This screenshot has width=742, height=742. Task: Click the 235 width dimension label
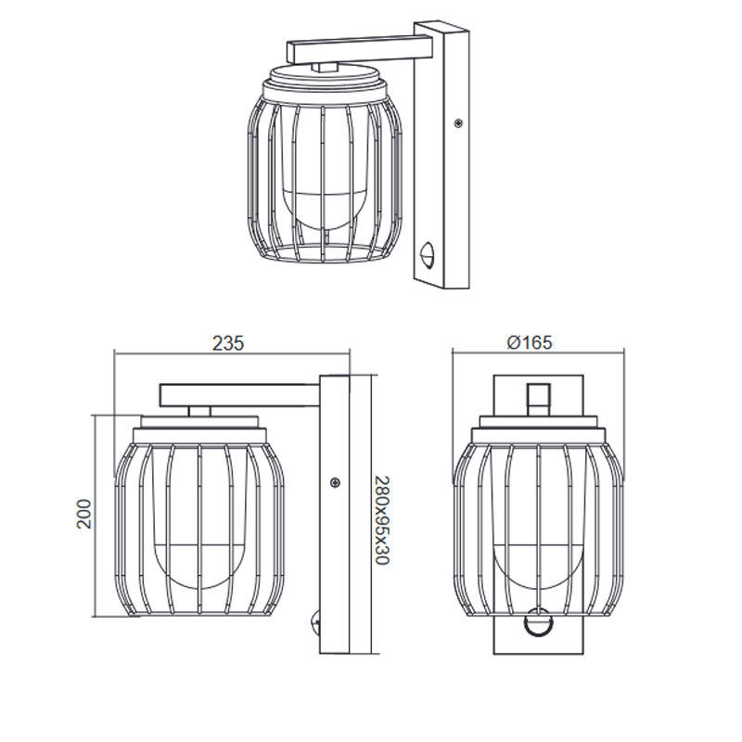(x=228, y=343)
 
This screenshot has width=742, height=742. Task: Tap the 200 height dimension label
(x=83, y=514)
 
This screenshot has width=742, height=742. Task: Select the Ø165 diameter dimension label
(x=529, y=342)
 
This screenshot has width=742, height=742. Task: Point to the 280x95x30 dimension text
(x=382, y=520)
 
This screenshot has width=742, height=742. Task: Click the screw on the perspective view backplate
(x=457, y=123)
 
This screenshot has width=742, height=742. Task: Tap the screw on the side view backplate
(x=335, y=482)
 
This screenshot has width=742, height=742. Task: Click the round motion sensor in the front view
(x=538, y=620)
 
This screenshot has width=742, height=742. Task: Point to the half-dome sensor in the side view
(x=314, y=621)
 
